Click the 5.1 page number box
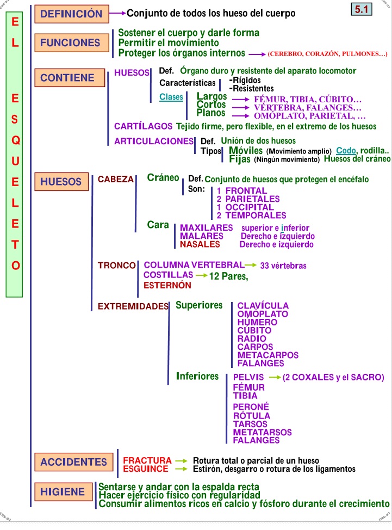point(363,9)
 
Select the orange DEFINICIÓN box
point(71,14)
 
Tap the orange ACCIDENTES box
point(73,462)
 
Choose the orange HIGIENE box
point(63,492)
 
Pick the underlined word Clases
point(171,97)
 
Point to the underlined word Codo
point(346,150)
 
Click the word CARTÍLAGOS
point(143,126)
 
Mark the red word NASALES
point(200,244)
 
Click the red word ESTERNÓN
point(167,285)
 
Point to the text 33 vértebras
point(283,266)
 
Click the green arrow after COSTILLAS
point(201,276)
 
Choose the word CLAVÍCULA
point(263,306)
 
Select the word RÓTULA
point(251,416)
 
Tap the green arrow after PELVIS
point(275,377)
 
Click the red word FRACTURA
point(147,460)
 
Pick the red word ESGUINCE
point(146,469)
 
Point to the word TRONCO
point(116,266)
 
